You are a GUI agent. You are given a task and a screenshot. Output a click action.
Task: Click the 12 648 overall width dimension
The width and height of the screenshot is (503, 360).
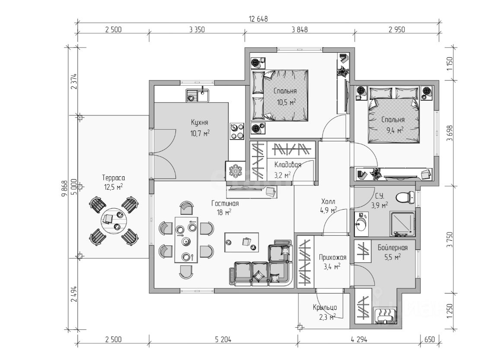258,19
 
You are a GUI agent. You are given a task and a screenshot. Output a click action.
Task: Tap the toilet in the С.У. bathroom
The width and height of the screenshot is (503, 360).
402,198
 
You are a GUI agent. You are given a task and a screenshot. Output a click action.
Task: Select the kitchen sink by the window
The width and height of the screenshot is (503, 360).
197,95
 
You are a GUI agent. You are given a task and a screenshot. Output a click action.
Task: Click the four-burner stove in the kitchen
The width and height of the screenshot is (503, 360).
236,131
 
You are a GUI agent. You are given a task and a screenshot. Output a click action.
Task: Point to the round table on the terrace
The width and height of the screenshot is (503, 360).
112,220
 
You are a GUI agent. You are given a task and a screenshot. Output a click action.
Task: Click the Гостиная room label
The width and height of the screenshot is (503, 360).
225,203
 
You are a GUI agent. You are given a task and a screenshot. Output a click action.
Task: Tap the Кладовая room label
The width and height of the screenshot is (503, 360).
287,164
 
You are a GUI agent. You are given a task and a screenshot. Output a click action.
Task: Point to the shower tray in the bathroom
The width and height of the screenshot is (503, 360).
401,224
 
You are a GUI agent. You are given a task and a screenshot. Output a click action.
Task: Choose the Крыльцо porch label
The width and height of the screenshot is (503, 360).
325,308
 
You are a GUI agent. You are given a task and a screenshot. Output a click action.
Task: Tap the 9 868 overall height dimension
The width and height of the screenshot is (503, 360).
64,188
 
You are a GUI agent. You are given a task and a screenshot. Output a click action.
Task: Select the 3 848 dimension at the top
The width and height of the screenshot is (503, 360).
299,30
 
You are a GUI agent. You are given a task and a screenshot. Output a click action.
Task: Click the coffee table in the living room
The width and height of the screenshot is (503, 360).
242,242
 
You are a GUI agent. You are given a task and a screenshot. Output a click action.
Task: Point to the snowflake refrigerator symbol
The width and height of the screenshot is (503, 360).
236,170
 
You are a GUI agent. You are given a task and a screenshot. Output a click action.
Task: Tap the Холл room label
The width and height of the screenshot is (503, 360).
328,201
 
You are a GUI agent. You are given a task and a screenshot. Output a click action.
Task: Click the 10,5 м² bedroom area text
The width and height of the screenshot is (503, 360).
286,102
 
